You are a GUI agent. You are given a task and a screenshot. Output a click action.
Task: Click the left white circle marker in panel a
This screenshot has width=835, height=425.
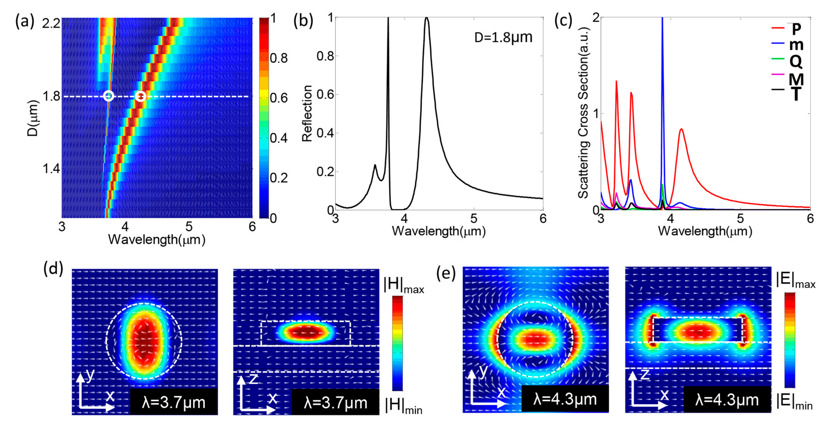(x=109, y=96)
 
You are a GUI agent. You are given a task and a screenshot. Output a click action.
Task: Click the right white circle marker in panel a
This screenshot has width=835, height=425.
(x=140, y=96)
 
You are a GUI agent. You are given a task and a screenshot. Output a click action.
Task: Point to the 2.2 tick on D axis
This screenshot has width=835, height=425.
(x=51, y=23)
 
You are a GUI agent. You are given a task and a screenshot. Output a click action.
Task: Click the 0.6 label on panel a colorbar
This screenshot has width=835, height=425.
(x=279, y=98)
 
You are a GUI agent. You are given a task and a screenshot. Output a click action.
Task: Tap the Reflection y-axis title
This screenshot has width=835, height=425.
(x=307, y=113)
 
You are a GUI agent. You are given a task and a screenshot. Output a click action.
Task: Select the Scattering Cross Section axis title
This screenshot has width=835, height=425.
(x=583, y=112)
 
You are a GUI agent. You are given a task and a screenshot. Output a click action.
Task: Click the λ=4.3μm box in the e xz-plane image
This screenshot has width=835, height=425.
(x=727, y=400)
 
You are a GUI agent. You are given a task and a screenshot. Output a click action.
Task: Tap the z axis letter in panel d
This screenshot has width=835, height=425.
(x=254, y=378)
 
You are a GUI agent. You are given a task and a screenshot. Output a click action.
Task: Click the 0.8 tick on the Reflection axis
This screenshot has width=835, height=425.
(x=325, y=56)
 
